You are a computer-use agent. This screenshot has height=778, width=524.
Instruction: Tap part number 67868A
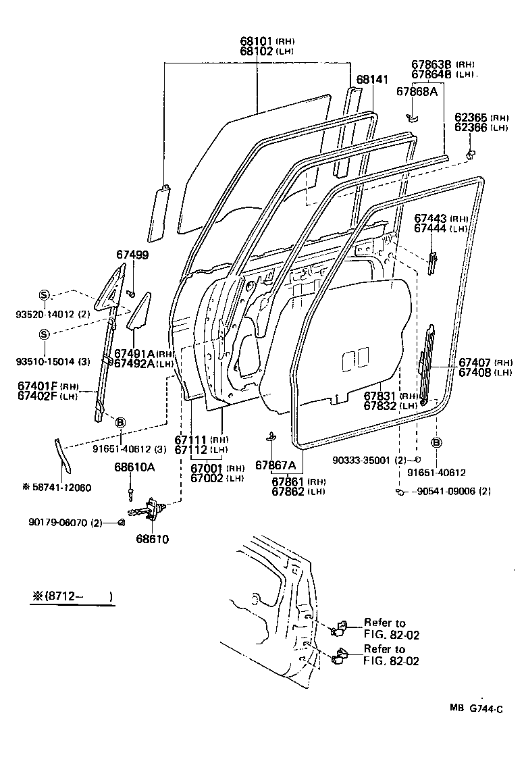tap(417, 91)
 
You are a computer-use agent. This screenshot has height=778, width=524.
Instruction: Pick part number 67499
tap(132, 255)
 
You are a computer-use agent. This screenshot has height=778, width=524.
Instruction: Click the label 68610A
tap(134, 467)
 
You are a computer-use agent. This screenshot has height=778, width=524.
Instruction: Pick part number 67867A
tap(276, 465)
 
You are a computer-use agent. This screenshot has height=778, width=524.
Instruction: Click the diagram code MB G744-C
tap(476, 708)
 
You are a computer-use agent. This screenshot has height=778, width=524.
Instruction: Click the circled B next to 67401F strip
tap(121, 422)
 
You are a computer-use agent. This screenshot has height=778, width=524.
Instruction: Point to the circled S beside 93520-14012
tap(44, 295)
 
